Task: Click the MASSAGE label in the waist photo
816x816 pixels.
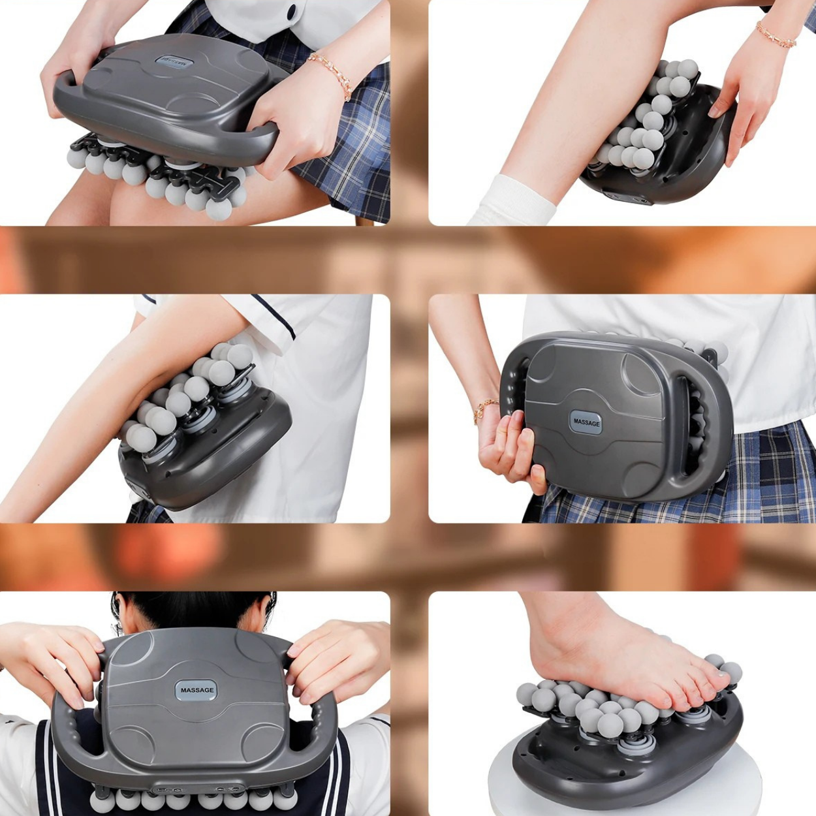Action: (x=586, y=422)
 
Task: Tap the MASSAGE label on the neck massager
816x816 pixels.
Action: (x=196, y=690)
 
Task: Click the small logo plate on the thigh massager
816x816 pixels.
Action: (x=171, y=63)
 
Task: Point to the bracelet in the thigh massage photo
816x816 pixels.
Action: (x=332, y=73)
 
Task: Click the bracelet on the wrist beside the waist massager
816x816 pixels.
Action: (x=485, y=409)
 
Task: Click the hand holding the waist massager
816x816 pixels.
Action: (x=509, y=450)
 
